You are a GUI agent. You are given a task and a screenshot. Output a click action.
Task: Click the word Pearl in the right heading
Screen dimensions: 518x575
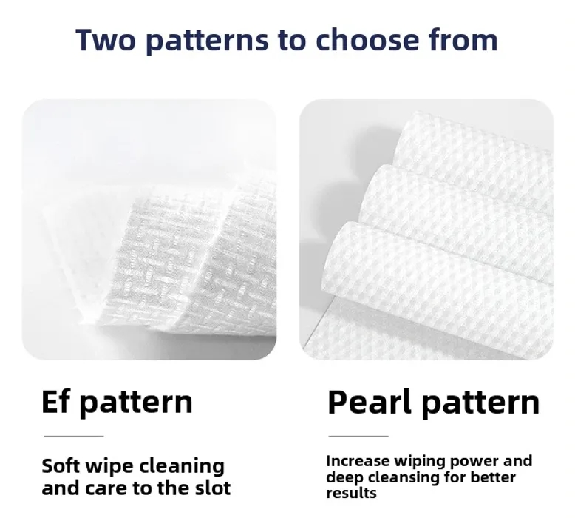[x=364, y=402]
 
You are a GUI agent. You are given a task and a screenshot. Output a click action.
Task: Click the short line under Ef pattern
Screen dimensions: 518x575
[x=73, y=436]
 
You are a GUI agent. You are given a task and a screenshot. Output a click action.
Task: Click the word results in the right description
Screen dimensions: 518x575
[x=351, y=493]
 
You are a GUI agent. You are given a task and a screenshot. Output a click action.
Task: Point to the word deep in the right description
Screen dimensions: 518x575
[x=344, y=477]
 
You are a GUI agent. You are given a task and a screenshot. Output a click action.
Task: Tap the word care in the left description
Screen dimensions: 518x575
[x=102, y=488]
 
